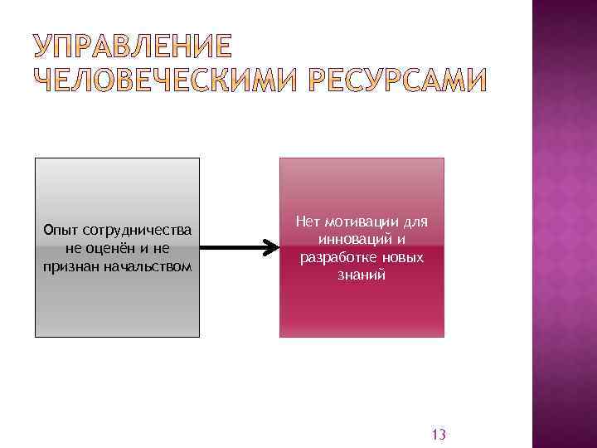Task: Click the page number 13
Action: tap(439, 435)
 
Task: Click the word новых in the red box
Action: tap(403, 257)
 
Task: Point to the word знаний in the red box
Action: tap(362, 275)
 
